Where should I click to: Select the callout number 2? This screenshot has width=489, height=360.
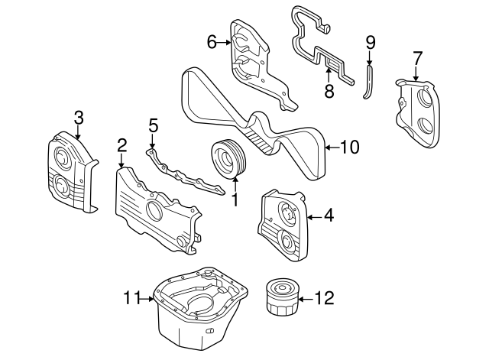tap(121, 144)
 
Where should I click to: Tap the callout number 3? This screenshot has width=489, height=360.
tap(78, 117)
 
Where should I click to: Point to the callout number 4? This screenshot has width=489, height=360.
tap(328, 216)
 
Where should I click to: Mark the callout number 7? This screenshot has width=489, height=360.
tap(417, 57)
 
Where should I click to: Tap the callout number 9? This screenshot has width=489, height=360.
tap(371, 41)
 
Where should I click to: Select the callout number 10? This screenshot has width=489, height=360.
tap(348, 147)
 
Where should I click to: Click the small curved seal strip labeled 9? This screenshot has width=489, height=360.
tap(369, 81)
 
